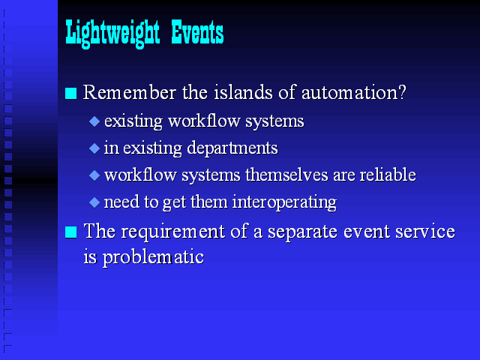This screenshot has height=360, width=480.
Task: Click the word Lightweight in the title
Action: pos(112,34)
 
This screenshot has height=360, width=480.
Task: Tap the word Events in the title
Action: pos(197,31)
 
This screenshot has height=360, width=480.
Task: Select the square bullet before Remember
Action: pos(70,93)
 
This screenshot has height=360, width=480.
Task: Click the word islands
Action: pos(243,91)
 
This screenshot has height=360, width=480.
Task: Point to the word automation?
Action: pos(353,91)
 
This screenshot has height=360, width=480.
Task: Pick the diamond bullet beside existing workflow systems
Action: pos(94,121)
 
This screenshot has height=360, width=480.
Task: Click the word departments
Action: pos(232,148)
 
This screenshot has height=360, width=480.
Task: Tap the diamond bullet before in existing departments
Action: pos(94,148)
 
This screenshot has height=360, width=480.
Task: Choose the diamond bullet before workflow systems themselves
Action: pos(94,175)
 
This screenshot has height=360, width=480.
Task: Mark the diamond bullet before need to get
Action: pos(94,202)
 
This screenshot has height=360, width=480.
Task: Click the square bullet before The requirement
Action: pos(70,232)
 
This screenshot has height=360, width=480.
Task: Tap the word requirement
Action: pos(173,232)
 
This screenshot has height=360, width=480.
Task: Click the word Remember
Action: pos(130,91)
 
